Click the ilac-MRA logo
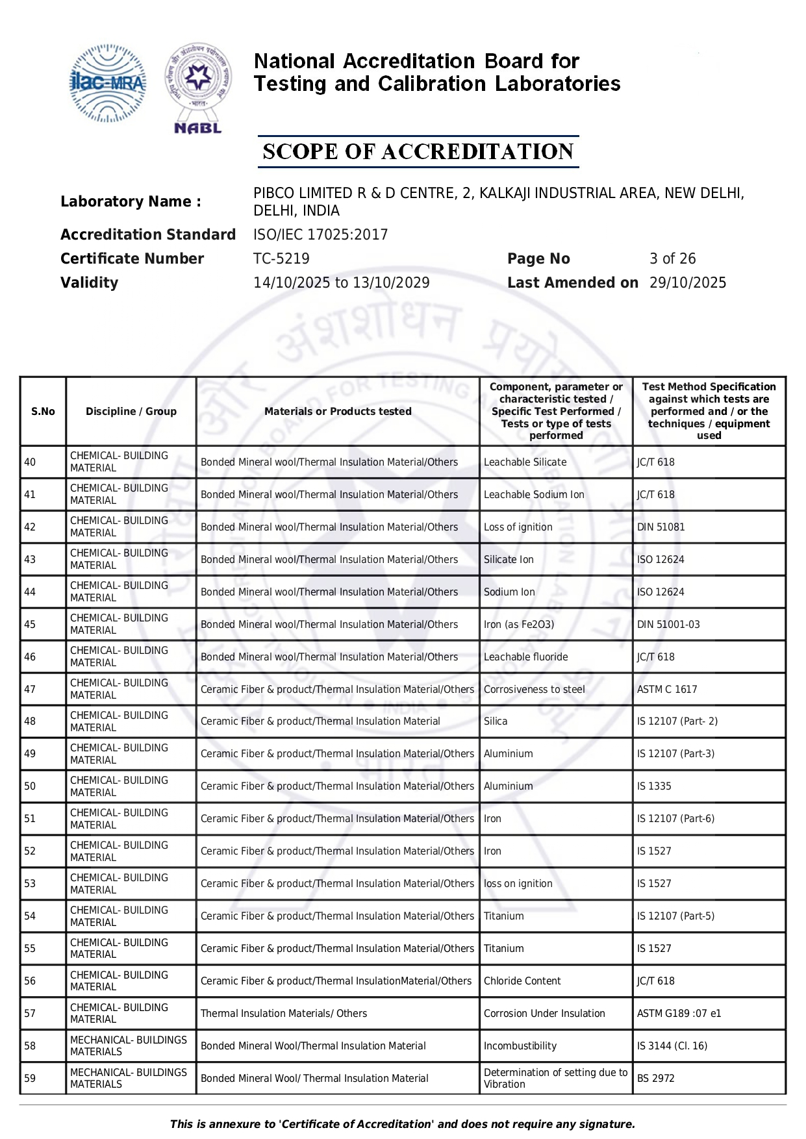click(107, 83)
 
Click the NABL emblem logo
click(198, 88)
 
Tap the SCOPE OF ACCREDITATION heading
click(418, 152)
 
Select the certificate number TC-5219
click(281, 258)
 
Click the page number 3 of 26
click(672, 258)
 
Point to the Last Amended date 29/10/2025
click(688, 282)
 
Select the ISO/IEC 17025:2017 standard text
click(320, 234)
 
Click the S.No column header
click(43, 411)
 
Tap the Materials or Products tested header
click(338, 411)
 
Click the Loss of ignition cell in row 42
click(518, 527)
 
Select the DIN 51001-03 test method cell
click(668, 624)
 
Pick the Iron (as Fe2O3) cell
click(519, 624)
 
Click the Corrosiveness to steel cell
click(534, 689)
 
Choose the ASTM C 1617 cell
click(667, 689)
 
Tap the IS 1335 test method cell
click(654, 786)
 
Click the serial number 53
click(30, 883)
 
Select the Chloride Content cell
click(522, 981)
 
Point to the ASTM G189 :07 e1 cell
click(679, 1013)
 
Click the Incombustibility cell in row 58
click(520, 1045)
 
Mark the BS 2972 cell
click(655, 1078)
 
